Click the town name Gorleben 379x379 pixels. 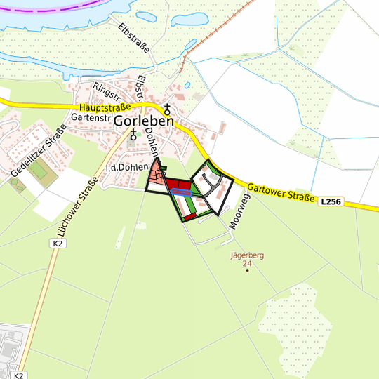(x=143, y=121)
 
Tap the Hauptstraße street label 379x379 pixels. (x=106, y=107)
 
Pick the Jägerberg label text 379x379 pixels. (x=246, y=255)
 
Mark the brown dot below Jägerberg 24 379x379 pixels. (x=246, y=271)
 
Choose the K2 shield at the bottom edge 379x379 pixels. (x=18, y=375)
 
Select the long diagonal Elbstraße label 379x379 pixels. (x=134, y=39)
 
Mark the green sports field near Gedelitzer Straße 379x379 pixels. (x=41, y=172)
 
